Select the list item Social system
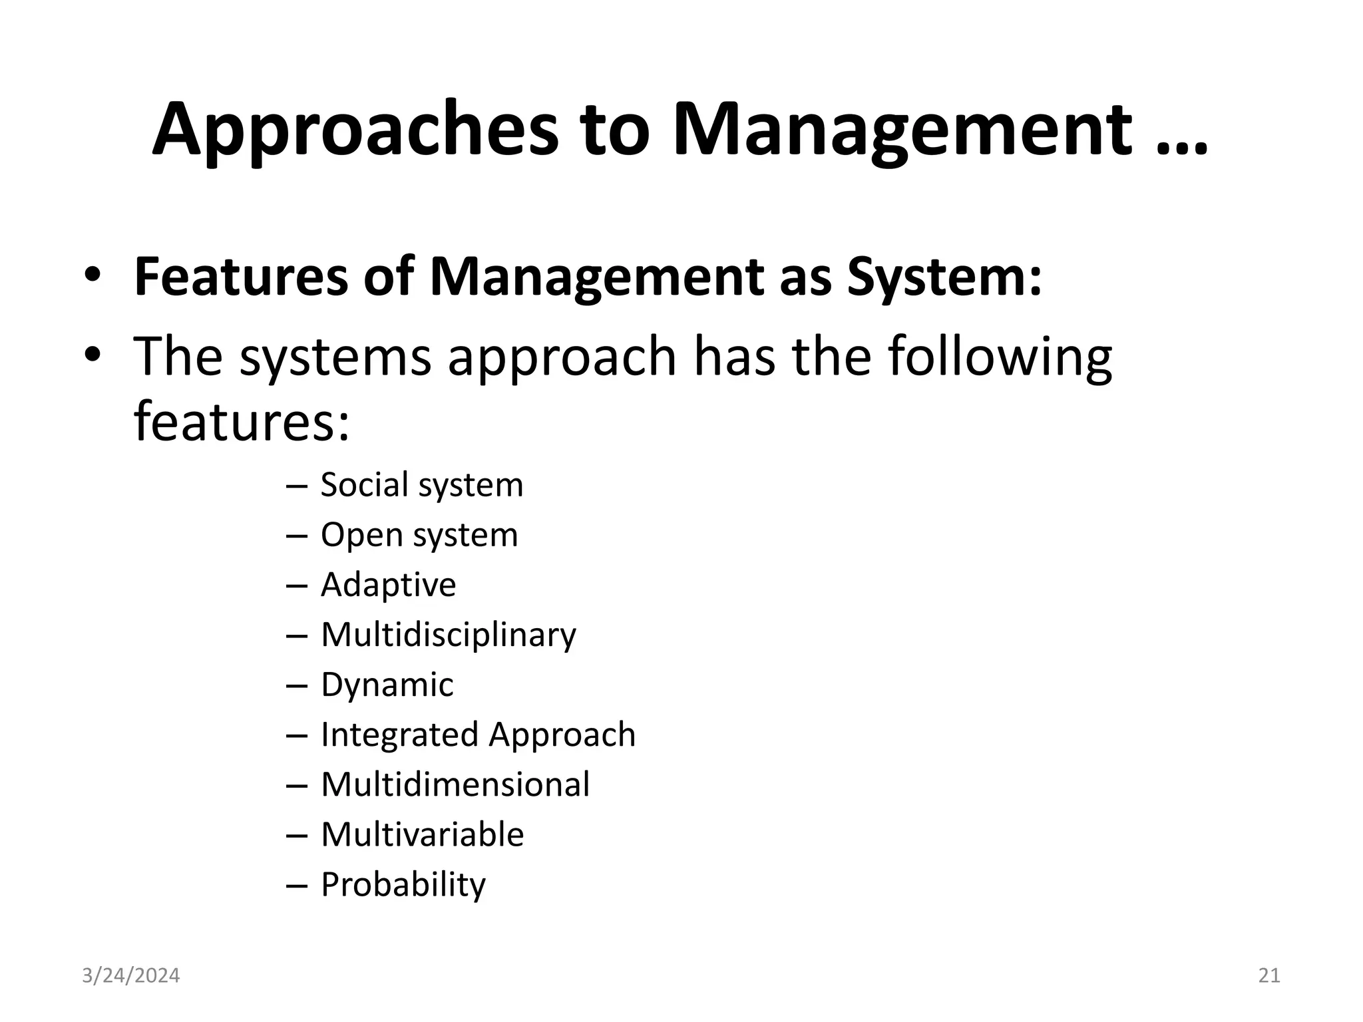pyautogui.click(x=422, y=484)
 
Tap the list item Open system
pyautogui.click(x=419, y=534)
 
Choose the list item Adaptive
pyautogui.click(x=389, y=585)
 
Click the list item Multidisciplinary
pyautogui.click(x=449, y=635)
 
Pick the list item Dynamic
pyautogui.click(x=387, y=685)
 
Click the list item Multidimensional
pyautogui.click(x=455, y=784)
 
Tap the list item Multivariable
pyautogui.click(x=423, y=834)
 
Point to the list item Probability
pyautogui.click(x=403, y=885)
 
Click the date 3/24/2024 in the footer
pyautogui.click(x=131, y=975)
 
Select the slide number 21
pyautogui.click(x=1269, y=975)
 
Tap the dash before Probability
pyautogui.click(x=296, y=886)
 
